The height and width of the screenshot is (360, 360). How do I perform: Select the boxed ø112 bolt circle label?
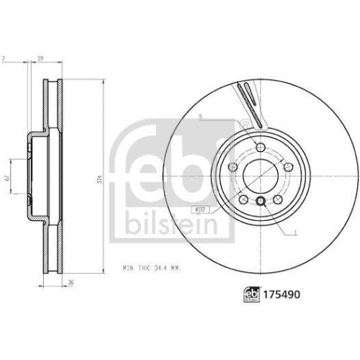tap(199, 209)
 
